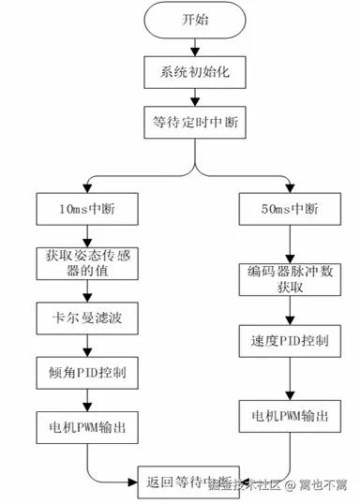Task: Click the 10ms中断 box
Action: (x=87, y=208)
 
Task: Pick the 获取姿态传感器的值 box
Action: (x=87, y=263)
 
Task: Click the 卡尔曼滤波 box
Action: (x=87, y=318)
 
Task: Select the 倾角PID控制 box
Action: (x=87, y=372)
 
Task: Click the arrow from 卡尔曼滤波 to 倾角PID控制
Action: (x=87, y=345)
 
